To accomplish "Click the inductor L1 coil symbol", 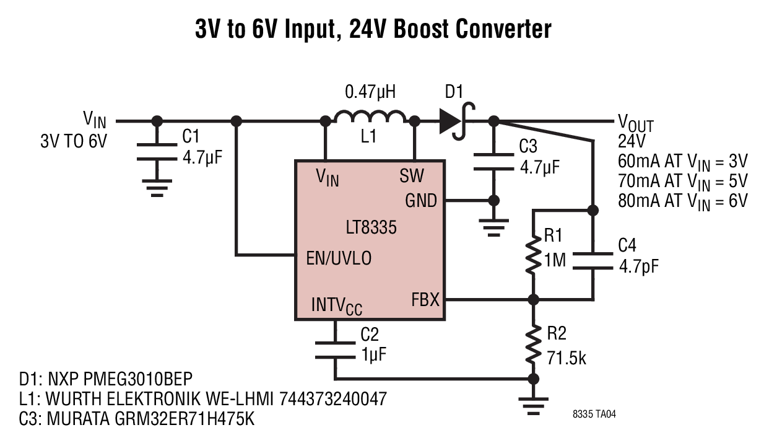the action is tap(370, 116).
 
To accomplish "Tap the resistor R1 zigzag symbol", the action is tap(534, 255).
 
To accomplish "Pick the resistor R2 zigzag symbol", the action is tap(534, 344).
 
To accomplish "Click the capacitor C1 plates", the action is tap(157, 152).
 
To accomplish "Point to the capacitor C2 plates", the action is tap(335, 350).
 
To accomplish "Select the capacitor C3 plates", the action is tap(493, 162).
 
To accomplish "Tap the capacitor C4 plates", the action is tap(593, 261).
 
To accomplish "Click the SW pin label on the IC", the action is tap(411, 176).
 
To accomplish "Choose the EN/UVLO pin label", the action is tap(339, 258).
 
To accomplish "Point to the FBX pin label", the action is tap(425, 299).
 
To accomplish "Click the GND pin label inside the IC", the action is tap(421, 201).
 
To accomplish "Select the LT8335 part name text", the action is tap(371, 228).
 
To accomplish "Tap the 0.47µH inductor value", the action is tap(370, 92).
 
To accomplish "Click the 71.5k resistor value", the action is tap(566, 358).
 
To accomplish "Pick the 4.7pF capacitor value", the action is tap(638, 267).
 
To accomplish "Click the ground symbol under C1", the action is tap(157, 188).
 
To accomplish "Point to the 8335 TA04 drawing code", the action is tap(594, 414).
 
